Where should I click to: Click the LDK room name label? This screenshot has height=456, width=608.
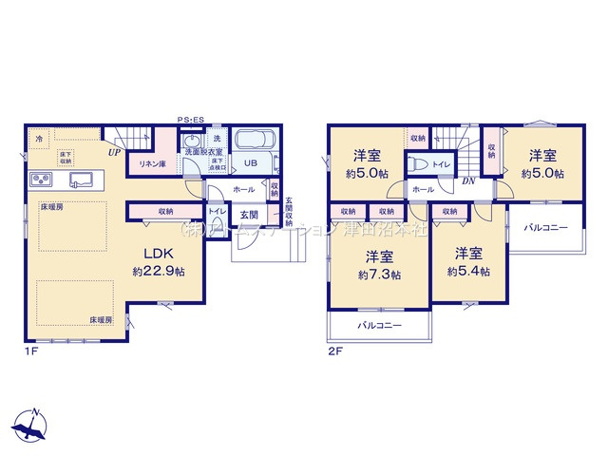tap(156, 254)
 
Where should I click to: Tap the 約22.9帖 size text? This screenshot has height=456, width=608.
tap(156, 271)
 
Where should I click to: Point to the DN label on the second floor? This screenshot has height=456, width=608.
tap(468, 181)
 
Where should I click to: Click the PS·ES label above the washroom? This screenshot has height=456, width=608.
tap(191, 119)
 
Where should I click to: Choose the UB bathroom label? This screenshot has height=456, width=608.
tap(252, 162)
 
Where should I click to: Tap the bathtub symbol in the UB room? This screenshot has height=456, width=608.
tap(254, 141)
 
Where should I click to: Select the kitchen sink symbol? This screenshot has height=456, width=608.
tap(78, 180)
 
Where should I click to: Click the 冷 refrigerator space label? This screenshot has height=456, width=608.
tap(39, 140)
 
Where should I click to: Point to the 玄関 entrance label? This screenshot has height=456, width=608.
tap(249, 215)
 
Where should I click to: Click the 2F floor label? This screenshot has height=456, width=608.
tap(333, 350)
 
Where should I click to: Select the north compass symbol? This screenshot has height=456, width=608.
tap(33, 426)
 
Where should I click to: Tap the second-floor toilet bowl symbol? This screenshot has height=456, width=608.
tap(416, 163)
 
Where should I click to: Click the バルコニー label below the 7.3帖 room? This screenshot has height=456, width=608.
tap(379, 326)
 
